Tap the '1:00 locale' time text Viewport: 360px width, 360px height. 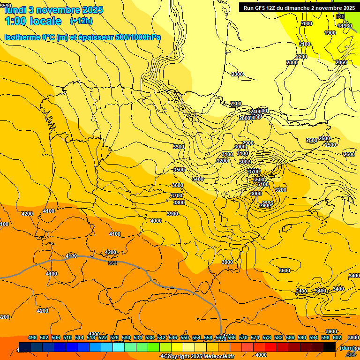tap(33, 21)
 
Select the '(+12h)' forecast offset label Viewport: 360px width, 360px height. tap(81, 21)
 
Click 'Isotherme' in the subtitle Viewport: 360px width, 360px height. tap(22, 37)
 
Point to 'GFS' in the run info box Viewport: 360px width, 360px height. tap(266, 8)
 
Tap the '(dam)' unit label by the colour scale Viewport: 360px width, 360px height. tap(347, 347)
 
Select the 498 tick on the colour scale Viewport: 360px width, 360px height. tap(32, 337)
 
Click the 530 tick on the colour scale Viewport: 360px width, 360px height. tap(126, 337)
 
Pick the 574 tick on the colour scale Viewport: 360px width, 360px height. tap(255, 337)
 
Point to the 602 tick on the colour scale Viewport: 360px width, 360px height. tap(337, 337)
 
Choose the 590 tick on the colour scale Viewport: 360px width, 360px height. tap(302, 337)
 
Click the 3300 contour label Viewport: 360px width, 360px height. tap(179, 147)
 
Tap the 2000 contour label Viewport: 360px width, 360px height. tap(307, 23)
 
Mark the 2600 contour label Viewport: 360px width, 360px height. tap(349, 154)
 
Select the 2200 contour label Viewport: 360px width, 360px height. tap(301, 57)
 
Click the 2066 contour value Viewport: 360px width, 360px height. tap(341, 62)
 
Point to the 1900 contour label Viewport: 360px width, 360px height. tap(330, 33)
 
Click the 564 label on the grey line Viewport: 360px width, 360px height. tap(112, 263)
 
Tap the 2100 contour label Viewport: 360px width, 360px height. tap(305, 44)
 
